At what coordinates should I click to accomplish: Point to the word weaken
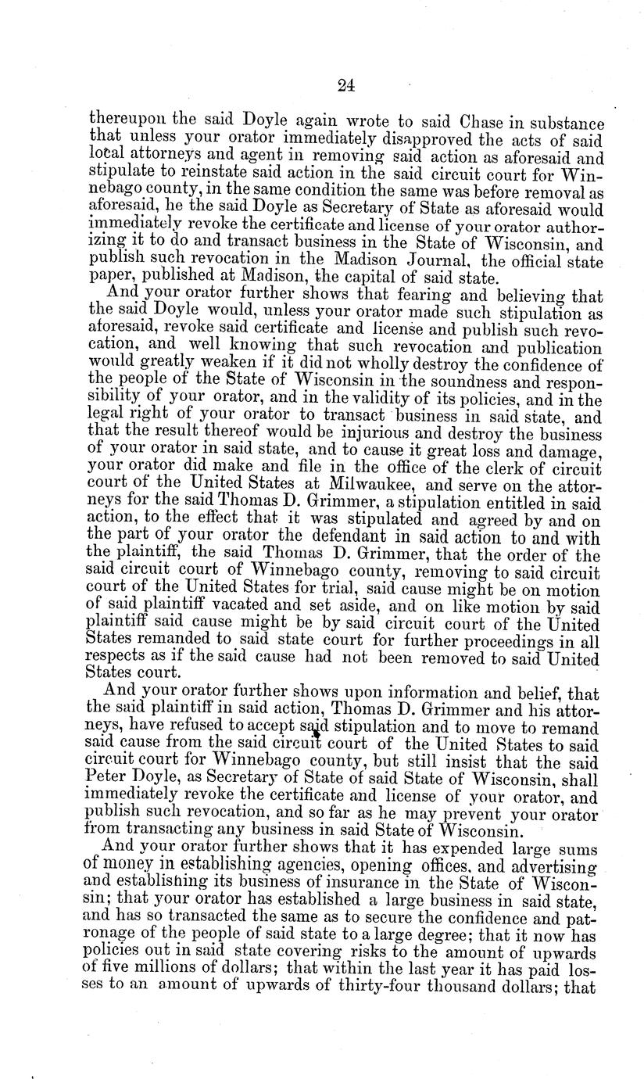pyautogui.click(x=196, y=360)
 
